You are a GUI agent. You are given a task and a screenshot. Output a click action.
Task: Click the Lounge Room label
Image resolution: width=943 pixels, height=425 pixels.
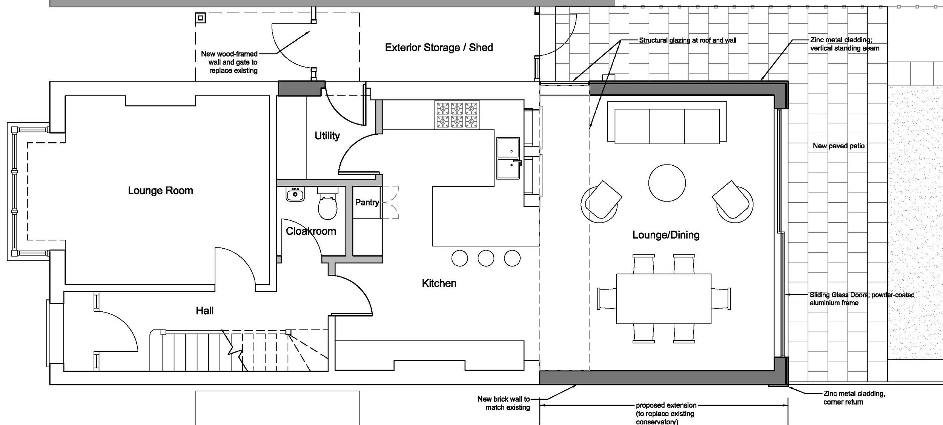160,191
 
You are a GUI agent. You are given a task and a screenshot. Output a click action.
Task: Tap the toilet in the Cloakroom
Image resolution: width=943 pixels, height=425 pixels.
327,206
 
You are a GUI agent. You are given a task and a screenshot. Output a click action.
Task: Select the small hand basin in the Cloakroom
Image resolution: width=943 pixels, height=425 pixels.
295,194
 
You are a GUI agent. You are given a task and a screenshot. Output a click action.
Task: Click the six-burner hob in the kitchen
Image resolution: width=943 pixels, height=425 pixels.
457,115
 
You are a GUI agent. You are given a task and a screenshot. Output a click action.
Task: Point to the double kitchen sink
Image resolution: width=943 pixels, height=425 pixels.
508,158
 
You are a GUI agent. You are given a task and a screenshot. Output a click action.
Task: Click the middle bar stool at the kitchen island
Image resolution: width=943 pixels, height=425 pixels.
486,259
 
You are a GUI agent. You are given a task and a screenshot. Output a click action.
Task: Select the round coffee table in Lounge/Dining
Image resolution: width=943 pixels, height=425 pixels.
667,183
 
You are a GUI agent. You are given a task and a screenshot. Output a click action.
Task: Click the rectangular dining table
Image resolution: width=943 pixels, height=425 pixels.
664,299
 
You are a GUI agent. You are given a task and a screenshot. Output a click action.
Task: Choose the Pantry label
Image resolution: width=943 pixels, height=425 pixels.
367,203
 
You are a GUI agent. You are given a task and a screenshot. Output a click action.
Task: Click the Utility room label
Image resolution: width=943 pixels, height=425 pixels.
327,136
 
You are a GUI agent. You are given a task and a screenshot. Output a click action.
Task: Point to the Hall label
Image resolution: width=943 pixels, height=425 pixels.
205,311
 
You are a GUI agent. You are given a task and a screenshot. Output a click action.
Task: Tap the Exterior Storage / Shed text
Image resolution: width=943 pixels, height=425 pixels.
439,48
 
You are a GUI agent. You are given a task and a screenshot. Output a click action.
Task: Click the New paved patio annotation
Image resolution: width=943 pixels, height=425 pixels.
839,146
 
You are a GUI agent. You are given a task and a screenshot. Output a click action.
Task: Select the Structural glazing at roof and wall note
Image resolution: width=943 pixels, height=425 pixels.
687,40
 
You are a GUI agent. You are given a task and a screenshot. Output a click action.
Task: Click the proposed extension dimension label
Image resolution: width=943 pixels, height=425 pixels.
666,413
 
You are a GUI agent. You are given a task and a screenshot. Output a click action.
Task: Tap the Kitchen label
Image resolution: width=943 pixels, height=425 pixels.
439,283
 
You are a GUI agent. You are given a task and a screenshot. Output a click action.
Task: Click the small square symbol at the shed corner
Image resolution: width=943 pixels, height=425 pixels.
200,18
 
